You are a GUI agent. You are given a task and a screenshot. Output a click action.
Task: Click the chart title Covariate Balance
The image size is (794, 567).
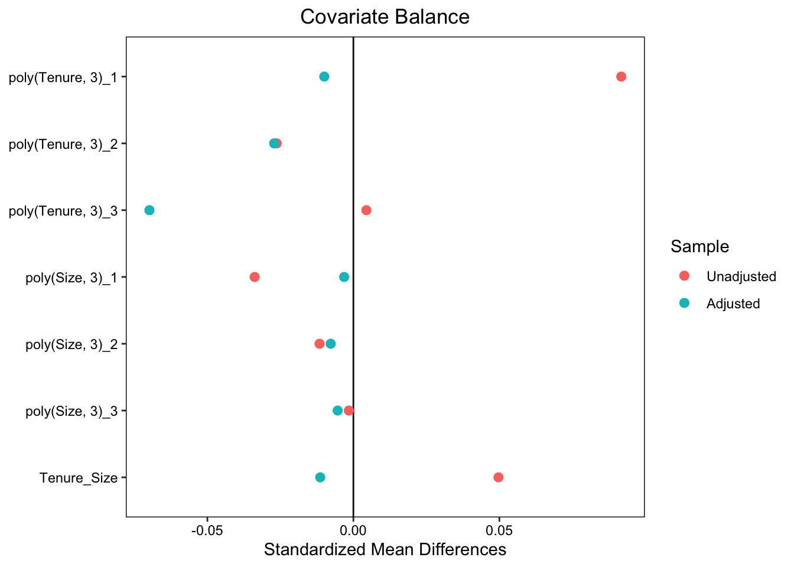pos(385,17)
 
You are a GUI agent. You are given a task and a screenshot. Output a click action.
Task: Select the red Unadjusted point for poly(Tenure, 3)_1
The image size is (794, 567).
pos(621,77)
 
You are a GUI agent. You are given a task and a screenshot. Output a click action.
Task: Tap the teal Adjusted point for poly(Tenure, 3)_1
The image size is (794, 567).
pos(324,77)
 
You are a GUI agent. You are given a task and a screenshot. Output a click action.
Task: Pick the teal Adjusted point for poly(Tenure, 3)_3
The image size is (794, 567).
pos(149,210)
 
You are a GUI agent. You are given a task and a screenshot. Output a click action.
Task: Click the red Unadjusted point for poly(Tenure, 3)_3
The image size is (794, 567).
pos(366,210)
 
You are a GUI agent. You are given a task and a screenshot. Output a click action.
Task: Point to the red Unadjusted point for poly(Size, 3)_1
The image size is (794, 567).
pos(255,277)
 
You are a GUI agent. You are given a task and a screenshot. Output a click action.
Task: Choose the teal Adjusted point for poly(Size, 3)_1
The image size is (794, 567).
pos(344,277)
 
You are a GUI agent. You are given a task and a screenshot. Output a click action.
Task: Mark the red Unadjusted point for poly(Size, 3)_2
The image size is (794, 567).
pos(320,344)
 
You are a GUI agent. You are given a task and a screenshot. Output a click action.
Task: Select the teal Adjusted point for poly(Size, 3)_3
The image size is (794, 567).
pos(337,410)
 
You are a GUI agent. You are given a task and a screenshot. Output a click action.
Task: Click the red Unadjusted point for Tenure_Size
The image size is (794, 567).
pos(499,477)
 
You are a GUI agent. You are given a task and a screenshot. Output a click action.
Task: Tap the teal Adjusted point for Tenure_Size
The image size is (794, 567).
pos(320,477)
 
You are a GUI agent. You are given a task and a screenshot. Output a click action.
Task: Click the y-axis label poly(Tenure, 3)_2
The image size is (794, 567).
pos(63,144)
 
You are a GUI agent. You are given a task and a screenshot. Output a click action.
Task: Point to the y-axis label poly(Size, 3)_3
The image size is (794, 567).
pos(71,411)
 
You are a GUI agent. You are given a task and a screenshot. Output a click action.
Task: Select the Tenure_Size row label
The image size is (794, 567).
pos(79,478)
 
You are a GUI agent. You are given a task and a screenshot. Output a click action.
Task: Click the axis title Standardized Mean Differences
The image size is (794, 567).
pos(385,550)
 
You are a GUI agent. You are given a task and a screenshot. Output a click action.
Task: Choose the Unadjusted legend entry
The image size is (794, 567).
pos(741,276)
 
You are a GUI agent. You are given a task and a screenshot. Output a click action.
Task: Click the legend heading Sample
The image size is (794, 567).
pos(699,246)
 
